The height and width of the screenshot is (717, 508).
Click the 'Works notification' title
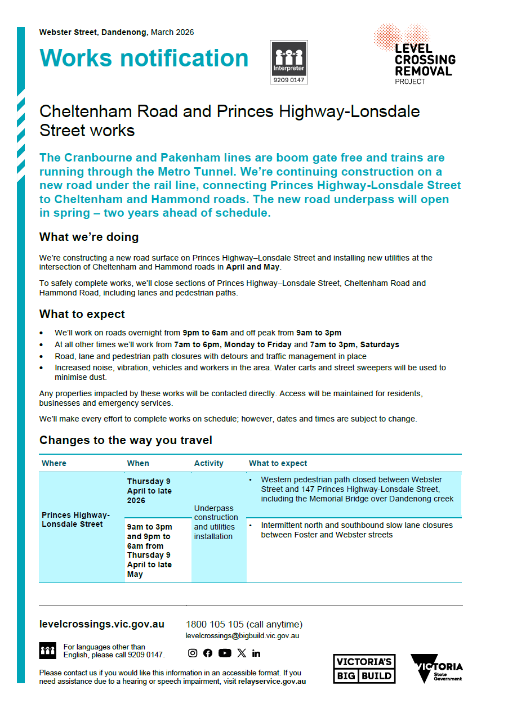[144, 59]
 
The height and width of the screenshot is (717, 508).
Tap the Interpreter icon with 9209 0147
[289, 62]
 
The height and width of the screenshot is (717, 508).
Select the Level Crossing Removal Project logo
[415, 55]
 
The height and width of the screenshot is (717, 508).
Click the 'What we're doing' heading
[89, 237]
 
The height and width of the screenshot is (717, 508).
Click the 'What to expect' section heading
[82, 314]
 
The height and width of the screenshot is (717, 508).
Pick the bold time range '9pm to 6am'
[205, 333]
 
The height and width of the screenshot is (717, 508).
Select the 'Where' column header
[54, 463]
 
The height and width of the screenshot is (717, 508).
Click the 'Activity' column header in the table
[208, 463]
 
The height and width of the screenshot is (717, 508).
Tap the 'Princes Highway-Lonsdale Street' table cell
[76, 519]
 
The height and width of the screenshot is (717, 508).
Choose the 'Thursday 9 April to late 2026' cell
[149, 491]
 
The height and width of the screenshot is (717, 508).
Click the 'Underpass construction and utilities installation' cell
[216, 522]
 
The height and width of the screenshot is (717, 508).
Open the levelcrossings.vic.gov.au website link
[102, 624]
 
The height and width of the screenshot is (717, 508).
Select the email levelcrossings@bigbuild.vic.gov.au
[242, 635]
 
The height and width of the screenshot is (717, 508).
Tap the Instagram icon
[193, 653]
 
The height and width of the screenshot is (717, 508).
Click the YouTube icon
[225, 653]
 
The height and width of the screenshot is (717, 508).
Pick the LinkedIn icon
[256, 653]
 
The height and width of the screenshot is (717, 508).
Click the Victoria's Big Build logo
[364, 669]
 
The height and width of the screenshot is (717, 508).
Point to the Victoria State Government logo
[436, 668]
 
